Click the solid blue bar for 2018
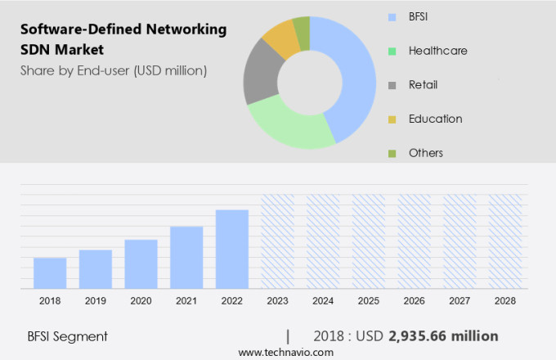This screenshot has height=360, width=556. tap(50, 272)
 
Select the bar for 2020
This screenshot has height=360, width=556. tap(141, 263)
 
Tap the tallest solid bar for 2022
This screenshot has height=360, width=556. tap(232, 249)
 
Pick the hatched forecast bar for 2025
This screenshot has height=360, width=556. tap(368, 241)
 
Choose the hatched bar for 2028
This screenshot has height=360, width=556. tap(504, 241)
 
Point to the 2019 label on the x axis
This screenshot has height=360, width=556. tap(96, 301)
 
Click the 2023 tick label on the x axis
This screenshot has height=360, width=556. tap(277, 301)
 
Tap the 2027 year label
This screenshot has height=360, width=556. tap(460, 301)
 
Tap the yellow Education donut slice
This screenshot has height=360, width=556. tap(280, 38)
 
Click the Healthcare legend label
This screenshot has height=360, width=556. tap(437, 51)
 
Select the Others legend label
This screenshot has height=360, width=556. tap(425, 153)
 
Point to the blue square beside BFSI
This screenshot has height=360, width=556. tap(392, 16)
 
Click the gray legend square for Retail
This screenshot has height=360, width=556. tap(392, 85)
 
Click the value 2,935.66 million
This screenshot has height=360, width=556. tap(443, 336)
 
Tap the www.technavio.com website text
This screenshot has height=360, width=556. tap(286, 352)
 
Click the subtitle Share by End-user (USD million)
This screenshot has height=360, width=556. tap(114, 70)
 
